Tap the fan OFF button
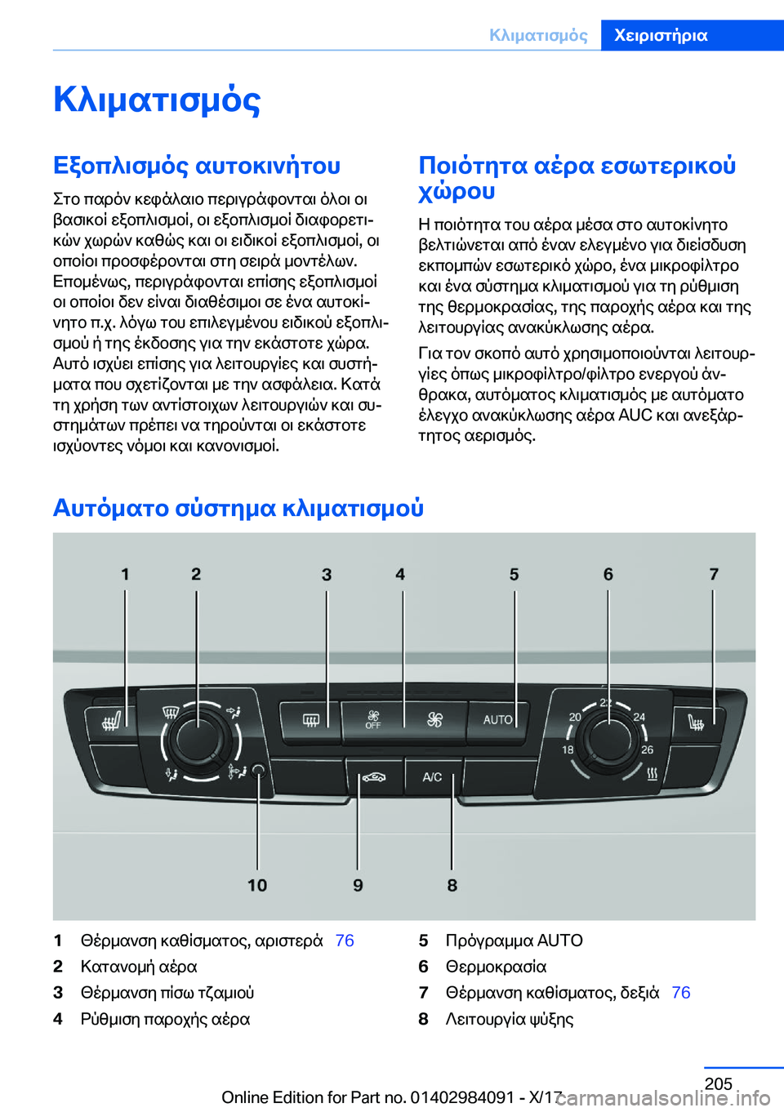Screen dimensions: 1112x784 pos(373,719)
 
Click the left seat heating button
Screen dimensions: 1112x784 pos(114,722)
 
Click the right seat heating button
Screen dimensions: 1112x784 pos(696,722)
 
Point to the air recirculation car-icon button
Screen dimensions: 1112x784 pos(374,776)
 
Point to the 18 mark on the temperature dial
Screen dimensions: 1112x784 pos(568,749)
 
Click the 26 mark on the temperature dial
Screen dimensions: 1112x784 pos(647,749)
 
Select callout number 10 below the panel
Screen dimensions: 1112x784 pos(257,885)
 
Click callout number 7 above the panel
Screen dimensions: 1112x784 pos(714,574)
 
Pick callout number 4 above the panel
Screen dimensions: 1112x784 pos(400,574)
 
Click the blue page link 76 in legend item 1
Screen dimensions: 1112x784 pos(345,941)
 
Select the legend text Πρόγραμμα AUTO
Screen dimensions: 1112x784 pos(514,941)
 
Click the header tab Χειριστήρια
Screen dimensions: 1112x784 pos(661,35)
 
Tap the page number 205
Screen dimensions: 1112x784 pos(718,1083)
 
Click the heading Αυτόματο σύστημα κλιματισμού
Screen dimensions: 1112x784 pos(238,508)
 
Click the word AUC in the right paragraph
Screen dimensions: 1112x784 pos(635,415)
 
